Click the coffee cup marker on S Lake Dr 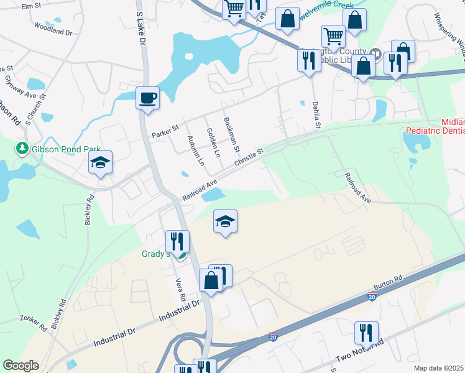point(147,98)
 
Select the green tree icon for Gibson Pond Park point(22,148)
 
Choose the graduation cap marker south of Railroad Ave point(226,221)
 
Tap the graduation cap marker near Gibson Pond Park point(100,163)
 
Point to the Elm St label point(30,6)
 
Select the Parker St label point(165,132)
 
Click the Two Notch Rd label point(360,351)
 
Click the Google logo point(21,366)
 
